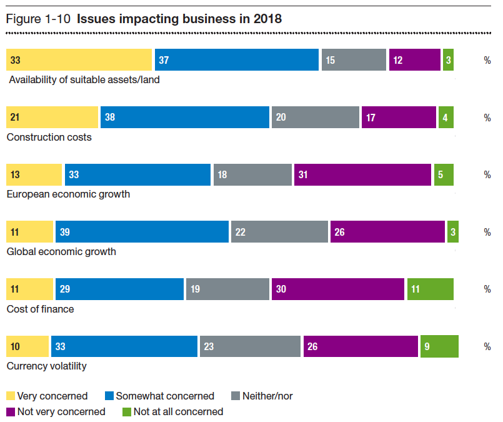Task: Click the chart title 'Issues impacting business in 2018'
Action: [x=179, y=19]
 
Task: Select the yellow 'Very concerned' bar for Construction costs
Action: [x=52, y=117]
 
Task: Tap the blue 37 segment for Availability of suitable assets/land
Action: [x=237, y=60]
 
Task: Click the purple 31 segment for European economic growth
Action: [x=362, y=174]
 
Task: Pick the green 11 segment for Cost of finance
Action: [x=430, y=289]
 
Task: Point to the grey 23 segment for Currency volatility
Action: [x=250, y=346]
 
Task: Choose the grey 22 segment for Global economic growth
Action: [x=279, y=232]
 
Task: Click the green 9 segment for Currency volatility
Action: [x=439, y=346]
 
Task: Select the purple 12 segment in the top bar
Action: [x=414, y=60]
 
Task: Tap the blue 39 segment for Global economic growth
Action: [x=142, y=232]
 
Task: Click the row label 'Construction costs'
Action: [x=49, y=137]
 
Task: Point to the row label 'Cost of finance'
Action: [x=40, y=309]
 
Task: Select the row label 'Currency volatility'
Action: [x=46, y=366]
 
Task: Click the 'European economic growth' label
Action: [x=68, y=194]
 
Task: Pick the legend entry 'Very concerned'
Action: [x=52, y=396]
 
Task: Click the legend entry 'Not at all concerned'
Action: [x=178, y=411]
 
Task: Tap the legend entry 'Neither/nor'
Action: [x=267, y=396]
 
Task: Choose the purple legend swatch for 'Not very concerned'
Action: [x=11, y=411]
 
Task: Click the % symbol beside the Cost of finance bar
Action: [x=487, y=289]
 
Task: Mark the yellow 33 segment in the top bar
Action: [x=79, y=60]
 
